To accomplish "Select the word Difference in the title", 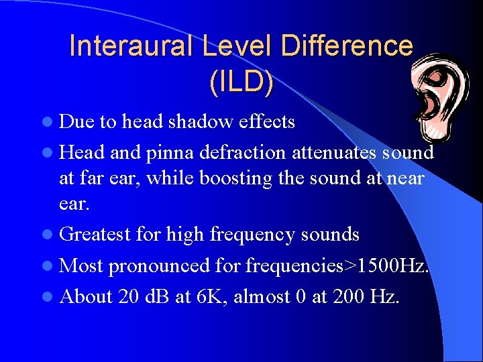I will pyautogui.click(x=347, y=46).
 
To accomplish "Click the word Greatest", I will pyautogui.click(x=95, y=235).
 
